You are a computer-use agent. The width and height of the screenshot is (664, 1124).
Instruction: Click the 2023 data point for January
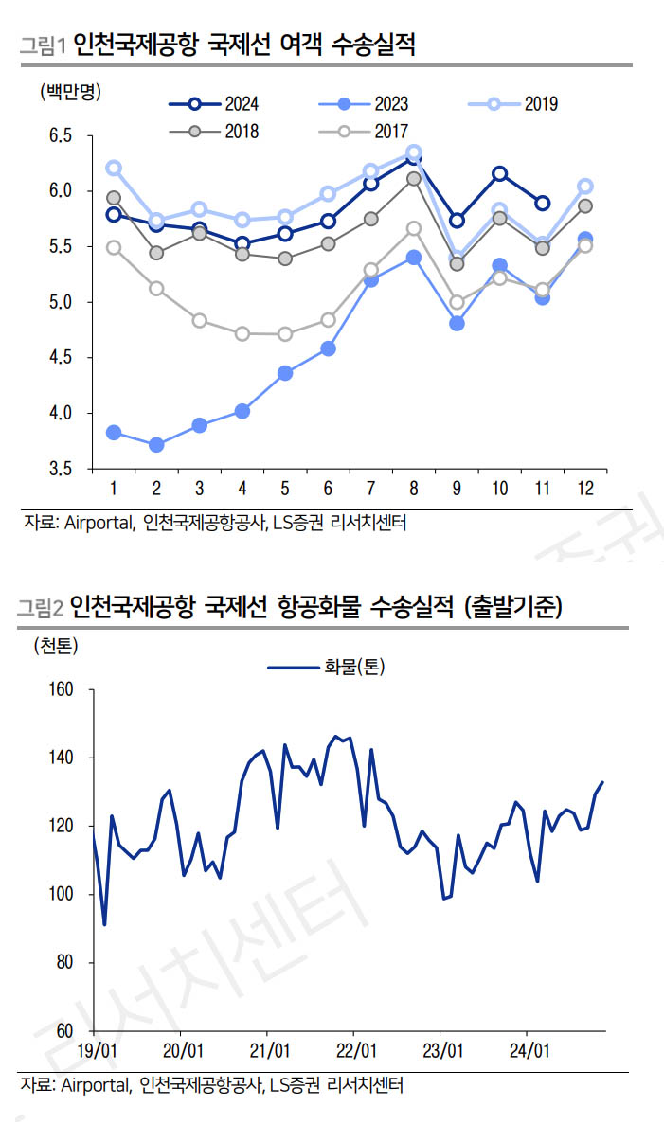pyautogui.click(x=114, y=433)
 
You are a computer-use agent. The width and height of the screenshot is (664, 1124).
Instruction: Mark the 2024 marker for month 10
pyautogui.click(x=499, y=173)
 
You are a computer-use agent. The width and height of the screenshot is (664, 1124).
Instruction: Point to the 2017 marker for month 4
pyautogui.click(x=242, y=333)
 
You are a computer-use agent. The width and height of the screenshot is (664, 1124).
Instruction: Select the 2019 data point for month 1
pyautogui.click(x=114, y=168)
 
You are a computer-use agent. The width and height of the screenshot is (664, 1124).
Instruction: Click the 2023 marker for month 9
pyautogui.click(x=457, y=323)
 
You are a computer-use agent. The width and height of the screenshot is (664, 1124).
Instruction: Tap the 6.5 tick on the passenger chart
pyautogui.click(x=60, y=136)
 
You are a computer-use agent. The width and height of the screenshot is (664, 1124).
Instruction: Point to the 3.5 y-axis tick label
pyautogui.click(x=60, y=469)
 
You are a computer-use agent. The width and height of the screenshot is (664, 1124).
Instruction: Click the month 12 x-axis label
pyautogui.click(x=584, y=489)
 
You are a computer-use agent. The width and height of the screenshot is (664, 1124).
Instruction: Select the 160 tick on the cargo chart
pyautogui.click(x=60, y=689)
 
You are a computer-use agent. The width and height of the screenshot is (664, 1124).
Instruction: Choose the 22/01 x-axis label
pyautogui.click(x=355, y=1051)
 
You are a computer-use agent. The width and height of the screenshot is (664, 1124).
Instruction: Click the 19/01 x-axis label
pyautogui.click(x=97, y=1051)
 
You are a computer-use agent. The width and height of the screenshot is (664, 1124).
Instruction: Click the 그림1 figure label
pyautogui.click(x=44, y=45)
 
